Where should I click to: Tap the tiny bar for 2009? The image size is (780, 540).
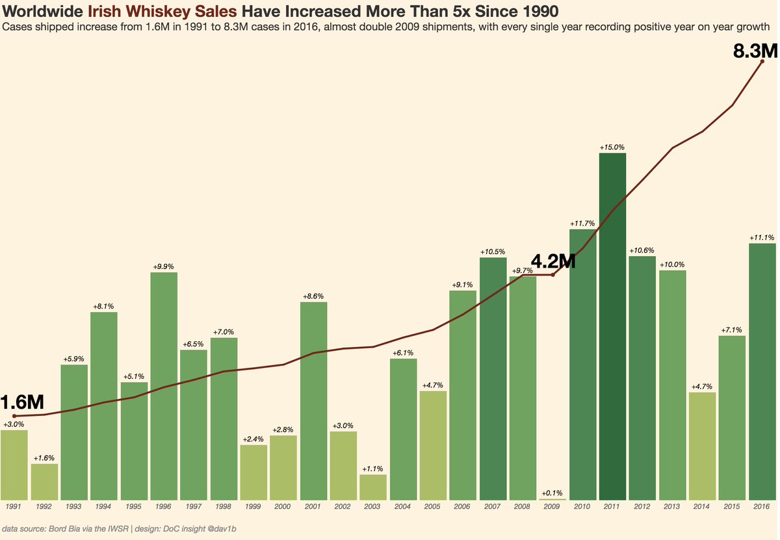(552, 499)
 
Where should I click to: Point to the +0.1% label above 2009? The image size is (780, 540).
(552, 493)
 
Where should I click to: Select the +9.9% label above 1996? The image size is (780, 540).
(164, 267)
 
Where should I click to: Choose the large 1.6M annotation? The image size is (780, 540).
(21, 402)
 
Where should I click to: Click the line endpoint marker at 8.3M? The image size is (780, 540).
(762, 61)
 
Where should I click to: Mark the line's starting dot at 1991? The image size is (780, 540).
(14, 416)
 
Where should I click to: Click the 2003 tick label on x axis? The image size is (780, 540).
(373, 506)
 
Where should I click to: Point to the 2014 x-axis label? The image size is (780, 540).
(702, 506)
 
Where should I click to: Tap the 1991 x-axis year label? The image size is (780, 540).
(14, 506)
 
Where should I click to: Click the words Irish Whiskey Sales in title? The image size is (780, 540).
(162, 12)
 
